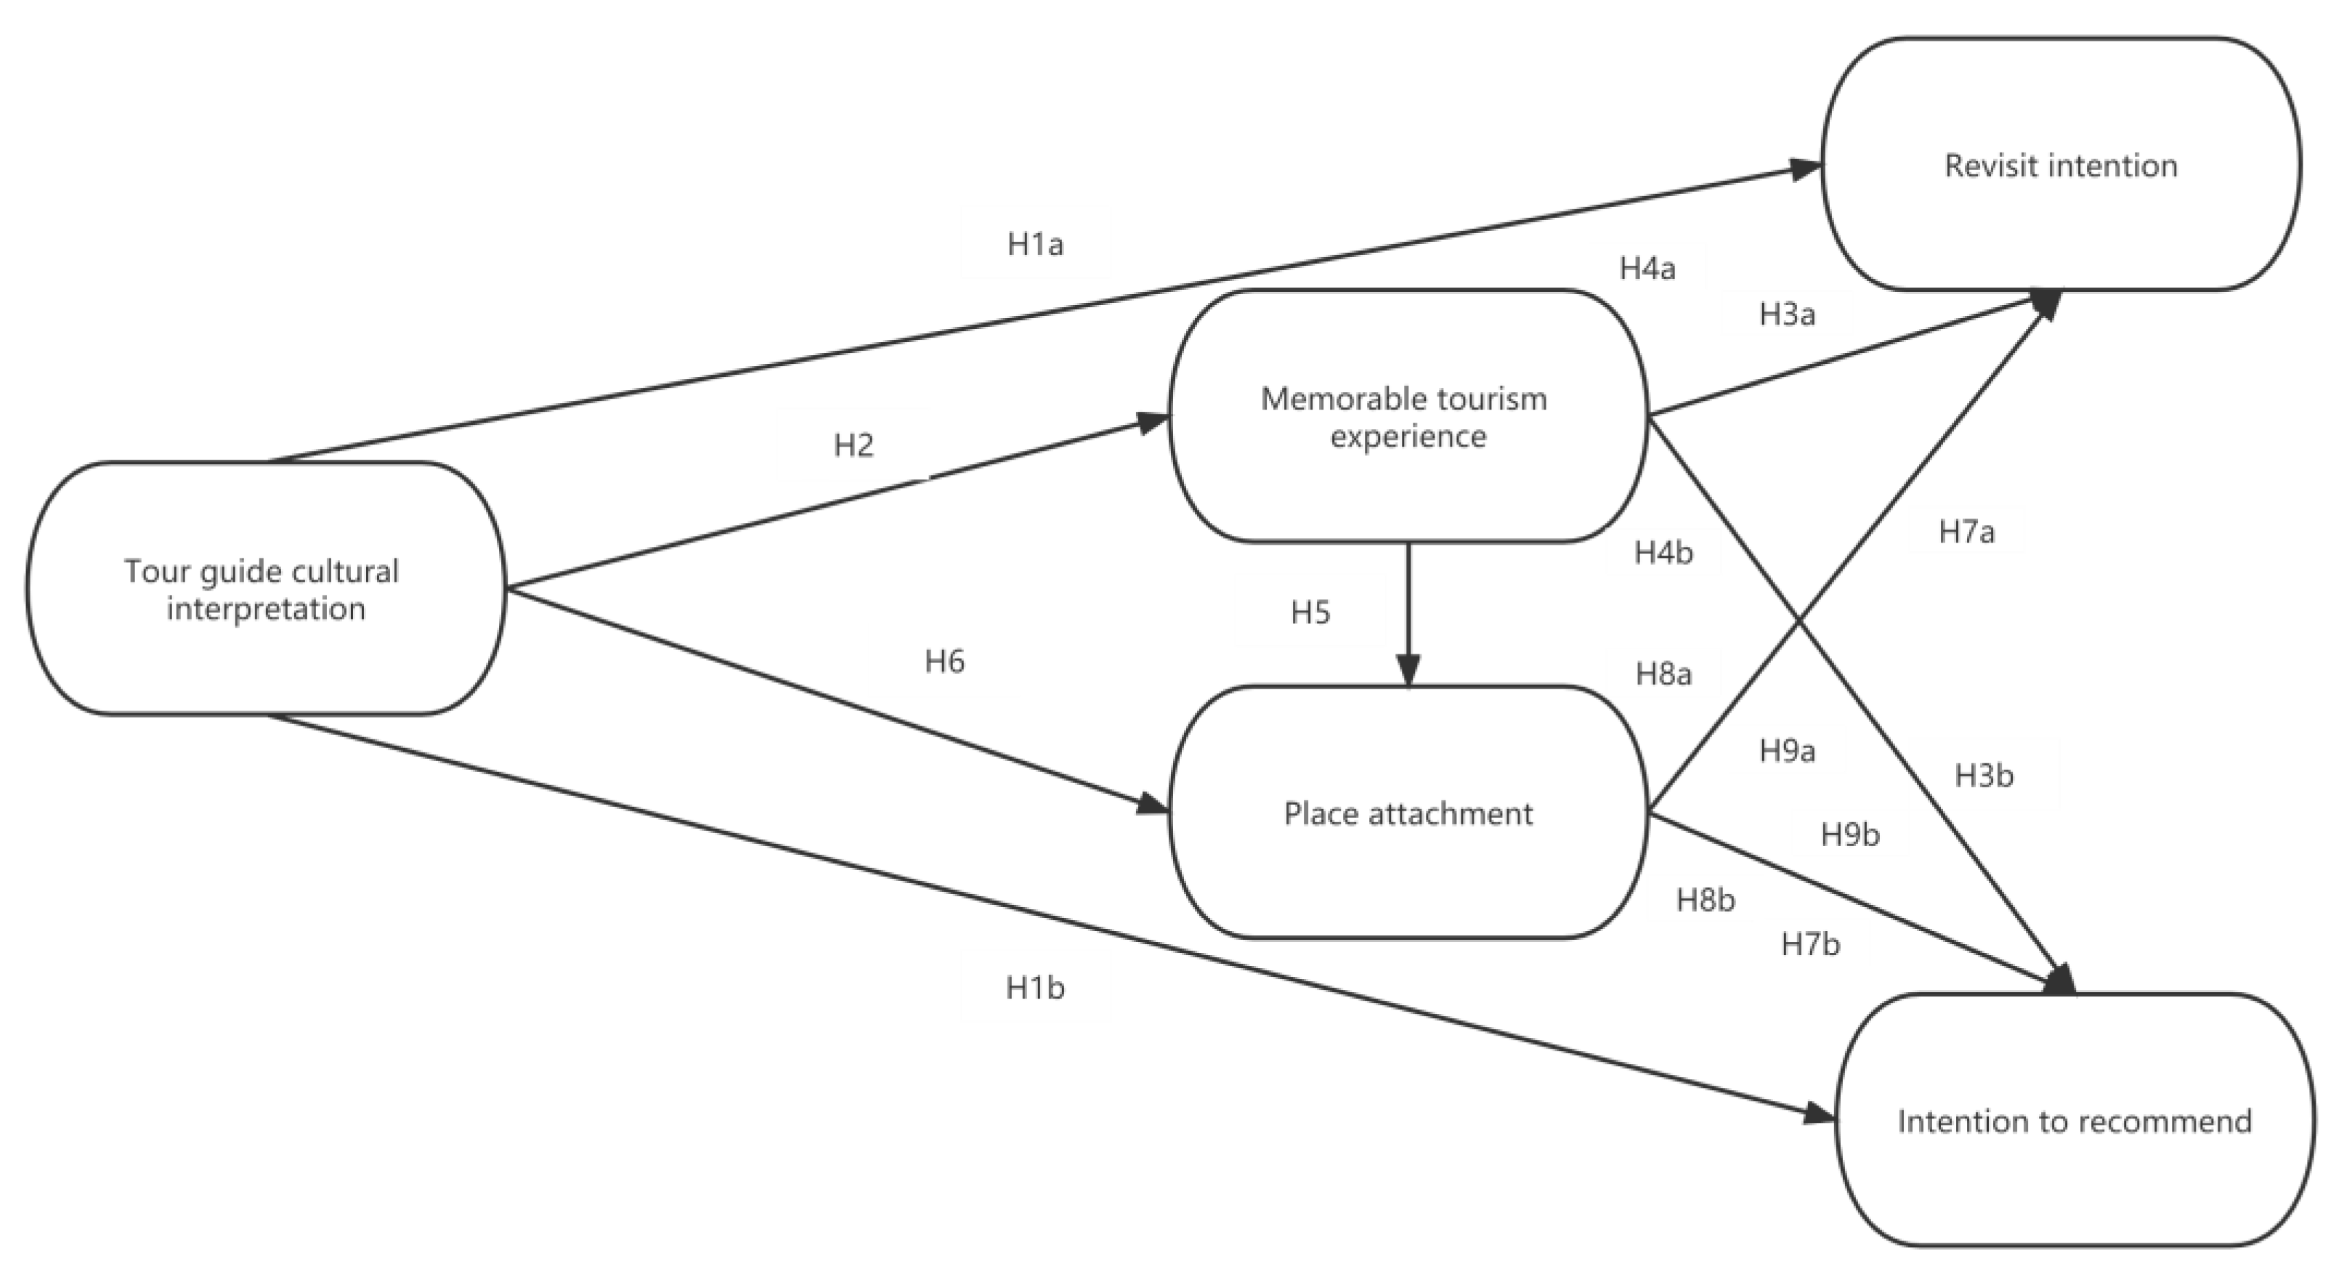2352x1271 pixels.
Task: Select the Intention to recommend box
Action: click(2075, 1121)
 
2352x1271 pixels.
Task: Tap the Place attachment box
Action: click(1408, 813)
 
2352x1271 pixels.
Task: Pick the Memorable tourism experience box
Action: click(1408, 416)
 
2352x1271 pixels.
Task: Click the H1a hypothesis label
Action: click(1035, 245)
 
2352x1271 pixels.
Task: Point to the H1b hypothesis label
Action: click(1035, 987)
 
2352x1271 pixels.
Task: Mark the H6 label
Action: click(944, 661)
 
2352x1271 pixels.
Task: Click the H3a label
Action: click(1787, 314)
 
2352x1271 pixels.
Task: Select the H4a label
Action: click(1647, 269)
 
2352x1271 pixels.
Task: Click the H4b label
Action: click(1663, 553)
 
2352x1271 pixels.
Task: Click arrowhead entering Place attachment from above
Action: click(1409, 672)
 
